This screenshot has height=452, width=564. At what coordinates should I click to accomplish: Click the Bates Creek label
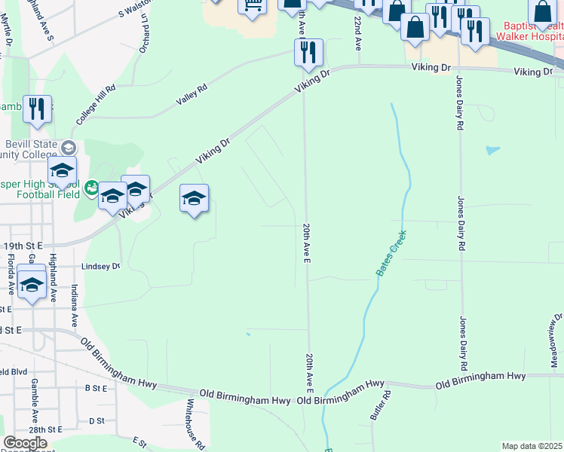click(x=391, y=252)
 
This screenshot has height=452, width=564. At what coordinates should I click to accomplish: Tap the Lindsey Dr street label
click(x=100, y=267)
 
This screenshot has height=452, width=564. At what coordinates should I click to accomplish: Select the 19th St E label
click(x=23, y=246)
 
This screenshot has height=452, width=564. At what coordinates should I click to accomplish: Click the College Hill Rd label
click(x=96, y=105)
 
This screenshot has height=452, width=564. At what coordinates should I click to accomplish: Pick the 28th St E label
click(x=45, y=429)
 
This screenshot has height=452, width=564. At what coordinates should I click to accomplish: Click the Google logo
click(x=25, y=443)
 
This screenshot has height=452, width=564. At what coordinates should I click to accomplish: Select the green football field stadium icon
click(x=92, y=186)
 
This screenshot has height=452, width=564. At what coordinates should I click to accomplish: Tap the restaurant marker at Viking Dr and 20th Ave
click(x=308, y=53)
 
